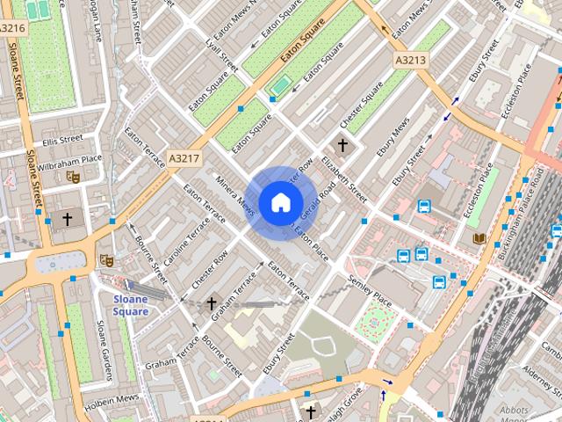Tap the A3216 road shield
pyautogui.click(x=12, y=28)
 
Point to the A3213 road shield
pyautogui.click(x=409, y=60)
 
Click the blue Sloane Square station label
pyautogui.click(x=131, y=305)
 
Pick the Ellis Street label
pyautogui.click(x=61, y=140)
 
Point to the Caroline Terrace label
pyautogui.click(x=187, y=240)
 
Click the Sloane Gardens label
pyautogui.click(x=104, y=346)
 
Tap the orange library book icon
pyautogui.click(x=479, y=238)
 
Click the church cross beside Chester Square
pyautogui.click(x=342, y=145)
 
